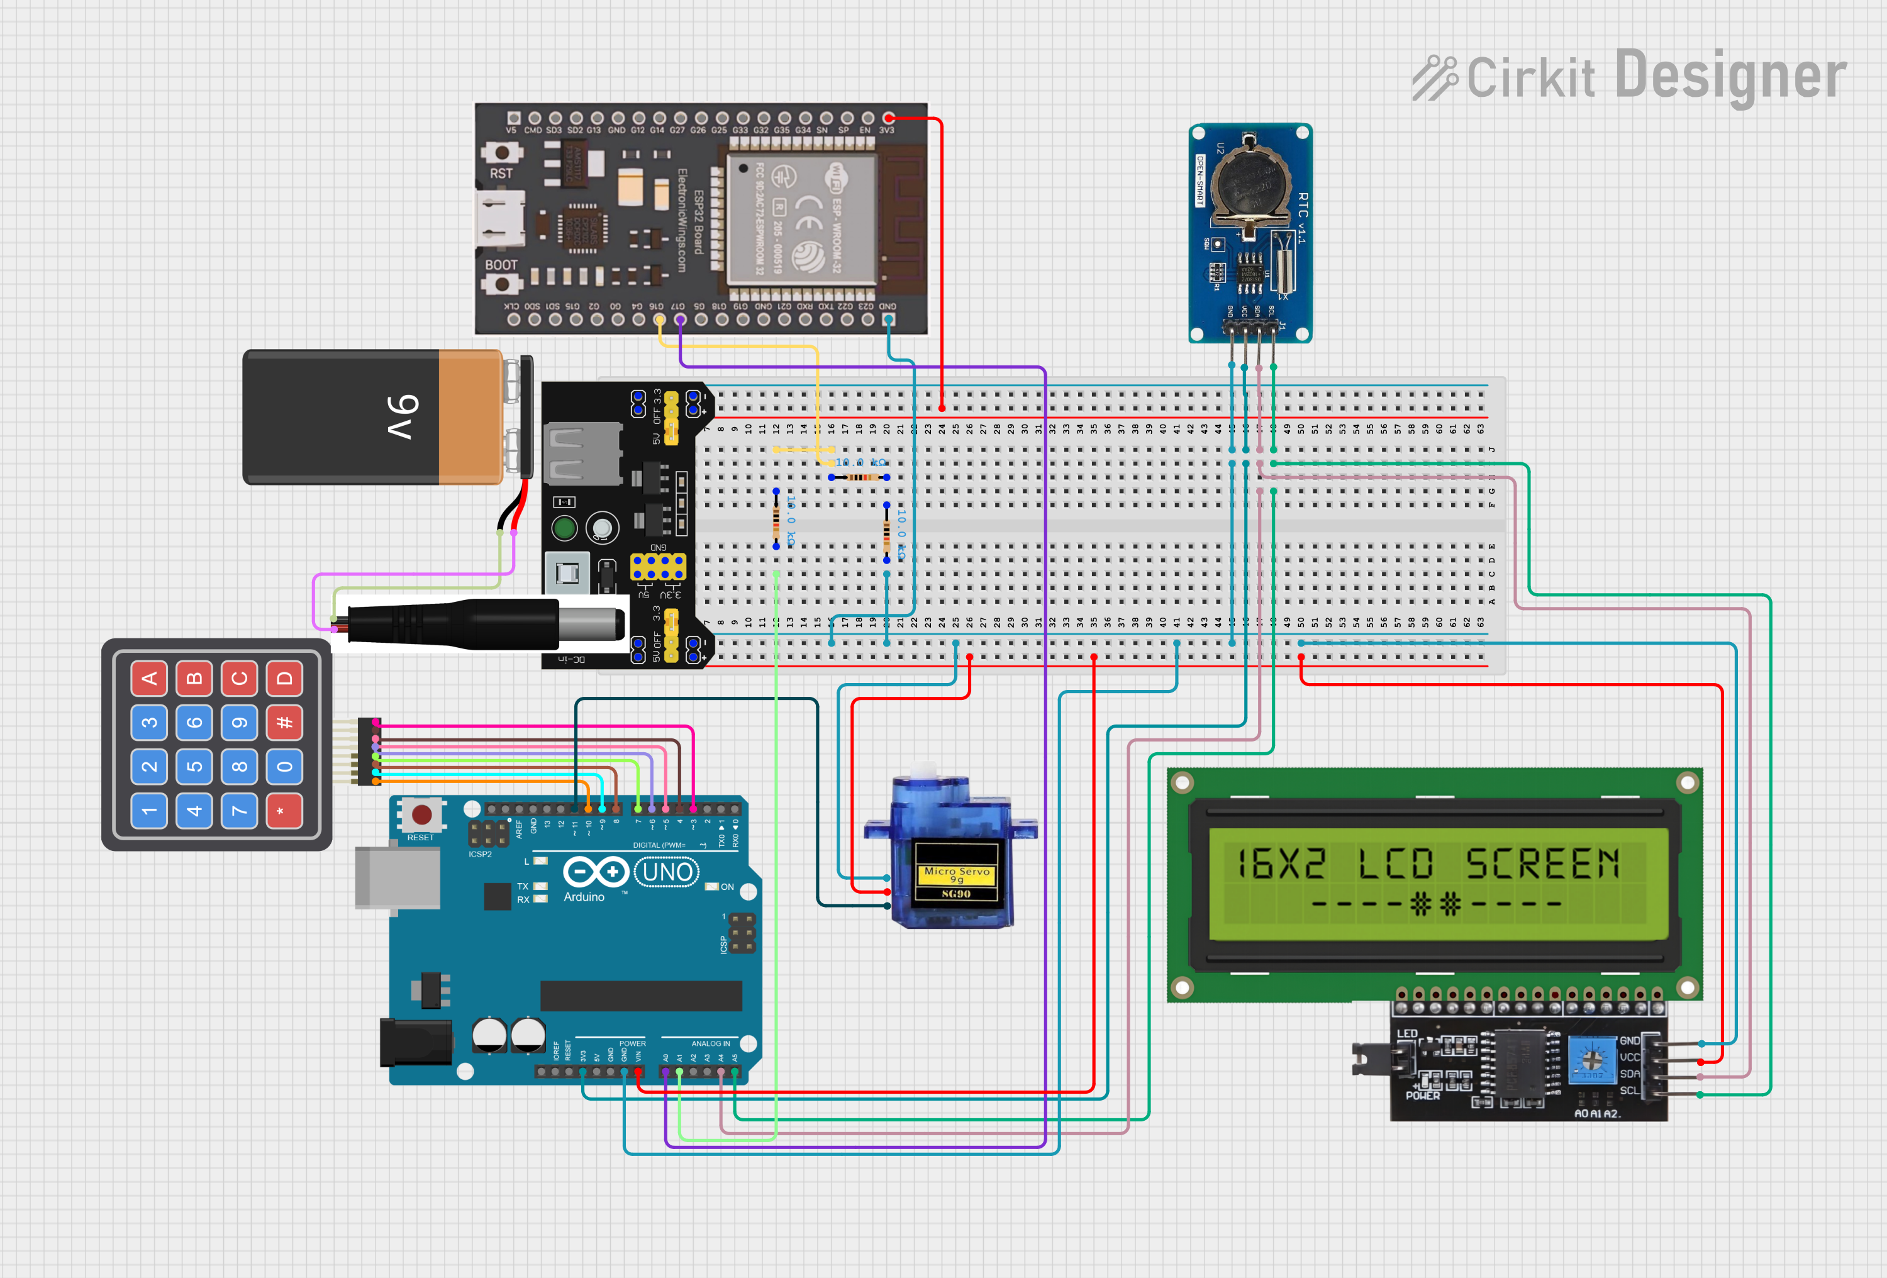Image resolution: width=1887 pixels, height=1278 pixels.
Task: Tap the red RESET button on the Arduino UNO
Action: click(421, 814)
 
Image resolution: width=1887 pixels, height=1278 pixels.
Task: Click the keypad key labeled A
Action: click(150, 678)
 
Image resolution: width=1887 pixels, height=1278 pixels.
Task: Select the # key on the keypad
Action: click(284, 722)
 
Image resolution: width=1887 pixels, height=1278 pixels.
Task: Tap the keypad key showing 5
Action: click(194, 767)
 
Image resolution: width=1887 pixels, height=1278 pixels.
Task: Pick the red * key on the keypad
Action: click(284, 810)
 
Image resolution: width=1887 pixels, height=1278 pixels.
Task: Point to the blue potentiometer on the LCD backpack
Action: click(1591, 1059)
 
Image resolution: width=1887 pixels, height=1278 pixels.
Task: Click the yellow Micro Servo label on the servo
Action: click(957, 874)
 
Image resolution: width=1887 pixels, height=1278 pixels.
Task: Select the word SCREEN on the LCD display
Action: click(1542, 863)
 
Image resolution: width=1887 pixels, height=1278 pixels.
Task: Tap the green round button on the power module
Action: click(564, 528)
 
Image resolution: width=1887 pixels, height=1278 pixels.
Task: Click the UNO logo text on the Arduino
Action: click(667, 872)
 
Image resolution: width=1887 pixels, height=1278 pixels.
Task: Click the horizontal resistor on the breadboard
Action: click(859, 477)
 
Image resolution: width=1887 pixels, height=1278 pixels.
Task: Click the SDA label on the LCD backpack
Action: click(1629, 1074)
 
